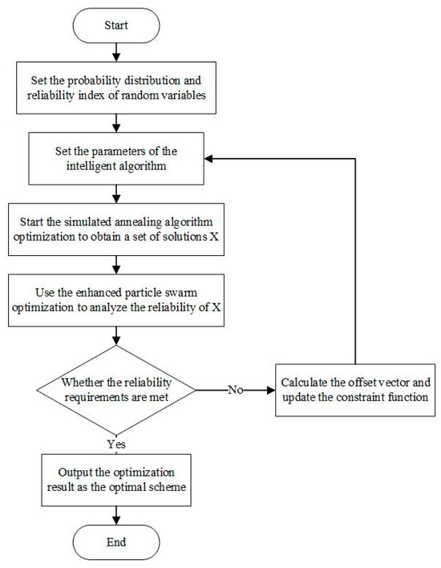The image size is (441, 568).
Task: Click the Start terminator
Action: click(x=118, y=25)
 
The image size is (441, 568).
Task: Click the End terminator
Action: click(x=118, y=542)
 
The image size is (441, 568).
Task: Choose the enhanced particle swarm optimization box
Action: click(x=118, y=301)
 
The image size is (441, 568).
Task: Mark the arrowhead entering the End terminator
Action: click(x=118, y=517)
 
